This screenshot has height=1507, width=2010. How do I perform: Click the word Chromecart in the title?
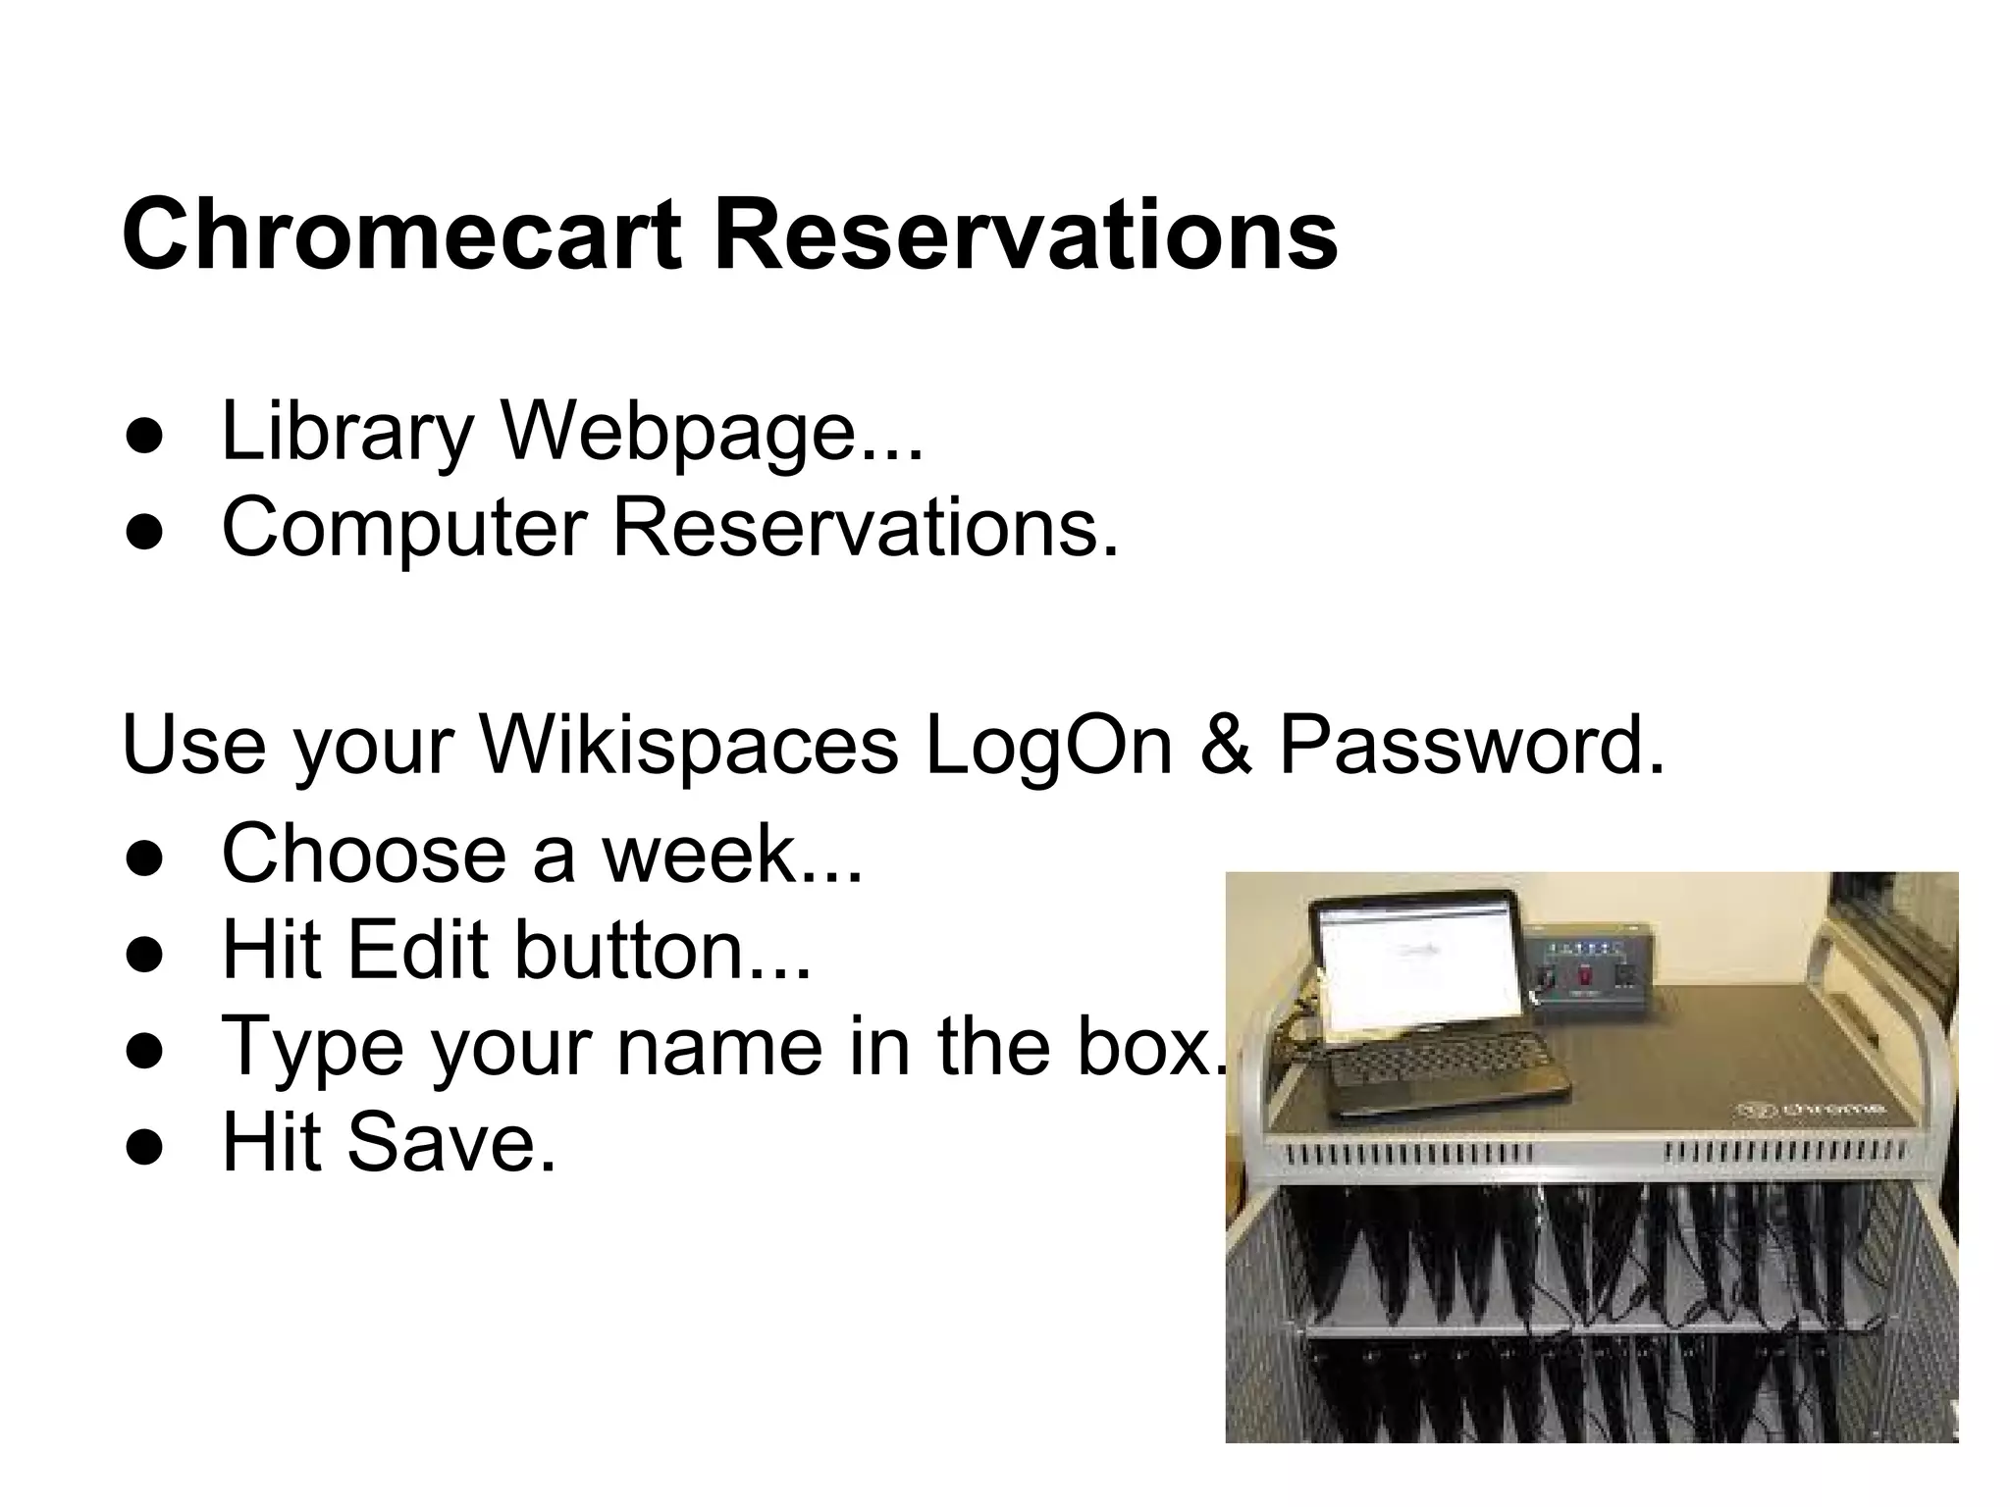pyautogui.click(x=400, y=235)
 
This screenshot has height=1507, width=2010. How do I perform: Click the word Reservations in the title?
pyautogui.click(x=1026, y=235)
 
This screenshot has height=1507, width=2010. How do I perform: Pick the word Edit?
pyautogui.click(x=418, y=949)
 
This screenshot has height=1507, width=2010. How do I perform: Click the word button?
pyautogui.click(x=648, y=949)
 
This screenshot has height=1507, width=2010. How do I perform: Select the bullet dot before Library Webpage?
pyautogui.click(x=143, y=437)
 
